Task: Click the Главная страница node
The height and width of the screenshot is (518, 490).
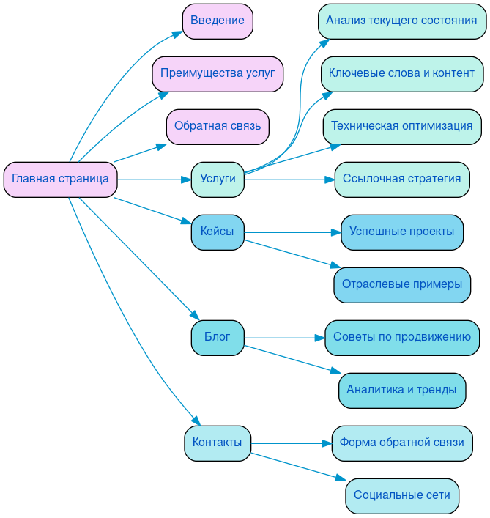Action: click(x=60, y=180)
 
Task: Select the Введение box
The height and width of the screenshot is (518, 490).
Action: click(x=218, y=21)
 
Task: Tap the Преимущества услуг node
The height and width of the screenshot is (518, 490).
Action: click(x=218, y=74)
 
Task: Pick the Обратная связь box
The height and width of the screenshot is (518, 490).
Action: click(x=218, y=127)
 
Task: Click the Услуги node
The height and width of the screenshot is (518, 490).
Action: click(x=218, y=180)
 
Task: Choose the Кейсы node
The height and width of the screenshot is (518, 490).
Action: click(x=218, y=232)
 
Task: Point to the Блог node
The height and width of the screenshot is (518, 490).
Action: click(x=218, y=338)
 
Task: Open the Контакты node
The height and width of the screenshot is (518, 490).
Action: click(x=218, y=443)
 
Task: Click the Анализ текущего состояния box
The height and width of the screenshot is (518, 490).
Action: click(x=401, y=21)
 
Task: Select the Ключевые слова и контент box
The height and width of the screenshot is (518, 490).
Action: click(x=401, y=74)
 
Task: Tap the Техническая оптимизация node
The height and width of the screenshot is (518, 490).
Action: click(x=401, y=127)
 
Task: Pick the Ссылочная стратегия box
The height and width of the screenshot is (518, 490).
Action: click(x=401, y=180)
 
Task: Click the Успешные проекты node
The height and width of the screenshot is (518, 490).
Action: click(x=401, y=232)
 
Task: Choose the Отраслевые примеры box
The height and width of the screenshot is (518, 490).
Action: click(x=401, y=285)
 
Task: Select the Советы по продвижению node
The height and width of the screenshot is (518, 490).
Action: click(x=401, y=338)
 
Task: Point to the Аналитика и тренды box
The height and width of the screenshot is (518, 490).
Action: click(x=401, y=391)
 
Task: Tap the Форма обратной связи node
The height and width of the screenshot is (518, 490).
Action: click(x=401, y=443)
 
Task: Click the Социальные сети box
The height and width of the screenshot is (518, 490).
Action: click(x=401, y=496)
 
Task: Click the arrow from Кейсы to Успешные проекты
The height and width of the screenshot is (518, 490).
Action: click(x=293, y=232)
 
